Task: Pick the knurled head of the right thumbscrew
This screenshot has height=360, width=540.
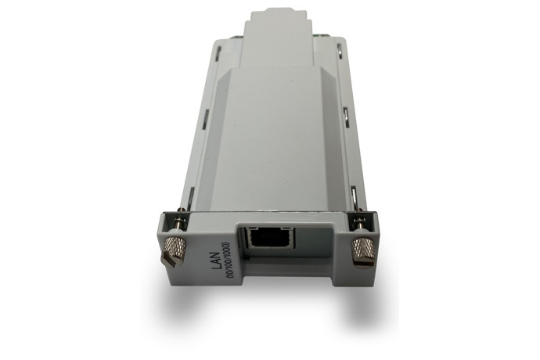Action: [362, 249]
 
